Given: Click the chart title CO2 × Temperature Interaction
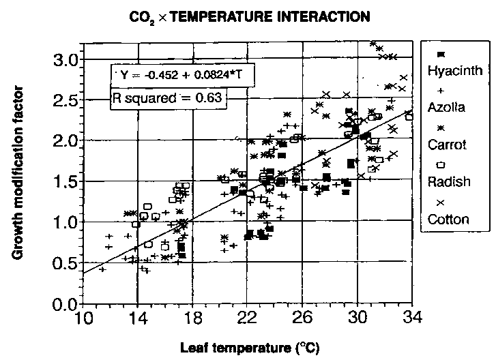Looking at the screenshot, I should pyautogui.click(x=251, y=14).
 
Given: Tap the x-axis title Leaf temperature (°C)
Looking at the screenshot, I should pyautogui.click(x=249, y=347).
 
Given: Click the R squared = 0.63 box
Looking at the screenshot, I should pyautogui.click(x=168, y=99).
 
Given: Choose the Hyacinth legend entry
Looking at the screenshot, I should pyautogui.click(x=455, y=69).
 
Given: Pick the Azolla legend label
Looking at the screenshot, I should pyautogui.click(x=447, y=106).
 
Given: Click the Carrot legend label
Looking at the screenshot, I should pyautogui.click(x=447, y=145).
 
